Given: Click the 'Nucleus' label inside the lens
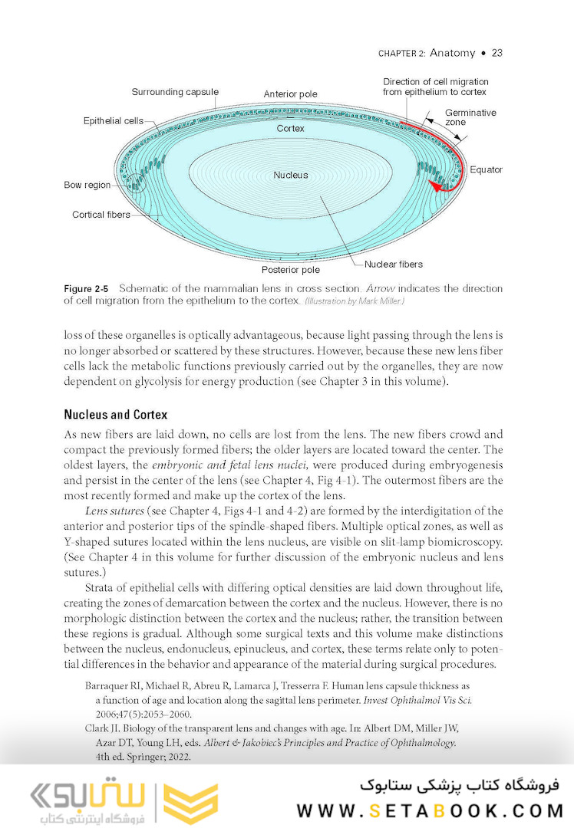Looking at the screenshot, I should click(x=290, y=175).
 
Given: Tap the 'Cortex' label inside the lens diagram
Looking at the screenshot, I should click(x=290, y=129).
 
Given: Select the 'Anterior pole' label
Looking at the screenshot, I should click(x=290, y=94).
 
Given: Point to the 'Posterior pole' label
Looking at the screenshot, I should click(x=290, y=270).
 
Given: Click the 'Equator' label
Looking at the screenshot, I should click(x=486, y=169).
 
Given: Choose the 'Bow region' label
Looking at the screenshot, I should click(x=87, y=185).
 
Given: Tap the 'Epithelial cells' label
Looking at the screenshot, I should click(x=113, y=121).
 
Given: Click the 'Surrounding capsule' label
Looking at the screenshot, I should click(x=174, y=92).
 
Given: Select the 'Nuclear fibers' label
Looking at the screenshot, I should click(x=393, y=264).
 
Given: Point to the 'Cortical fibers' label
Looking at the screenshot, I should click(x=101, y=215).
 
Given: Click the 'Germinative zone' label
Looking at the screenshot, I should click(x=470, y=117).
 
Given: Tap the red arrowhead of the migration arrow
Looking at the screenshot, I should click(x=436, y=186).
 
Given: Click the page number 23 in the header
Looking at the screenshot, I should click(x=496, y=53).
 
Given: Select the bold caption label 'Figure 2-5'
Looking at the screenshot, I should click(x=86, y=288).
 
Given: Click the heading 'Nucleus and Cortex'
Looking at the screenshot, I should click(x=115, y=415).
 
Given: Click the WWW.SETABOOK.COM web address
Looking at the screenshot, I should click(x=430, y=811).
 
